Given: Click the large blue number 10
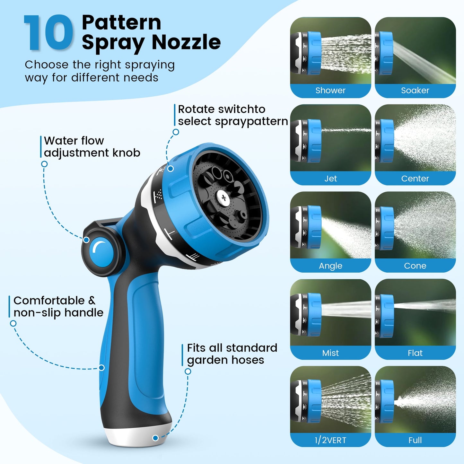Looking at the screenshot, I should pos(48,33).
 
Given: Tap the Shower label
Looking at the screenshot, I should pos(330,91).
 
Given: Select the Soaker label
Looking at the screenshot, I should pos(415,91).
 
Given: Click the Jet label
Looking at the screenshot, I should pos(330,179).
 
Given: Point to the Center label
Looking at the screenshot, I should pos(415,179).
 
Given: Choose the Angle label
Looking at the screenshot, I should pos(330,266).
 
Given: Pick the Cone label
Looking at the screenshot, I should pos(415,266).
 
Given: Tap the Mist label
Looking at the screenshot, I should pos(330,353).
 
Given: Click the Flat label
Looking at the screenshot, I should pos(415,353).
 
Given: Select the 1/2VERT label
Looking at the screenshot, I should pos(330,440).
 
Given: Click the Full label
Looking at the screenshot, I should pos(415,440).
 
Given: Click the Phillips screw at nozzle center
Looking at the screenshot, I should pos(224,197).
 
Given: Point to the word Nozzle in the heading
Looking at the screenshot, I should pos(186,42).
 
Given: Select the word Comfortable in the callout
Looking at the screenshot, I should pos(49,301).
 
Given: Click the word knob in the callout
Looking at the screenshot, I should pos(126,153).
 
